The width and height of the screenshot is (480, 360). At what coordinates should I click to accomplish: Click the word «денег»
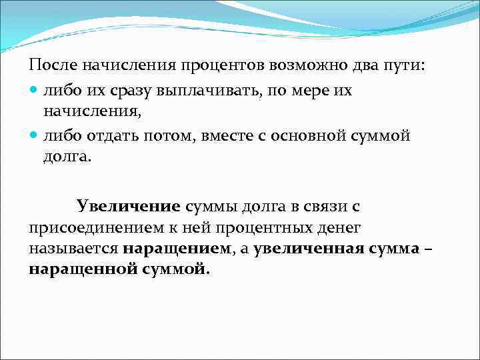coord(337,228)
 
